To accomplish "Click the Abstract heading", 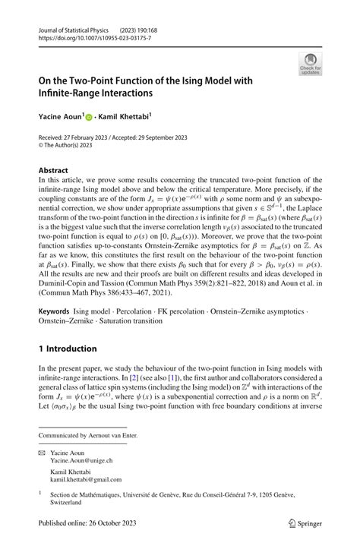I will point(53,171).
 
